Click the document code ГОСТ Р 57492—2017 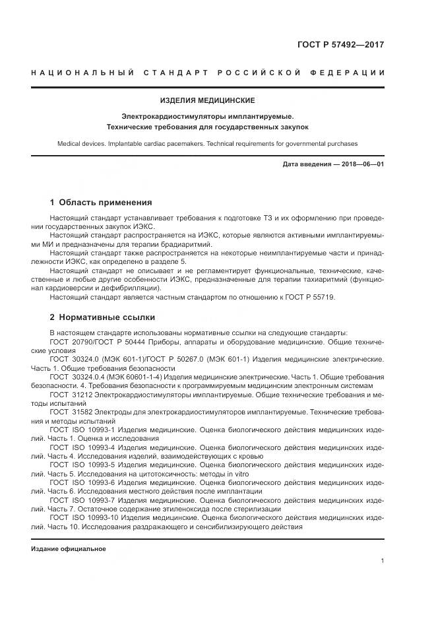coord(342,46)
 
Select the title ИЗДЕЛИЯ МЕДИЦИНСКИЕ coord(207,100)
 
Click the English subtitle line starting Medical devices coord(207,143)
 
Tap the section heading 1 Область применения coord(101,202)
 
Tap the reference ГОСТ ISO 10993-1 coord(83,429)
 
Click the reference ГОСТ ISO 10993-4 coord(83,447)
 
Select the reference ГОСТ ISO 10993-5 coord(83,465)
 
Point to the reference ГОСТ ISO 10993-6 coord(83,482)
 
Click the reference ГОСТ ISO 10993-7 coord(83,500)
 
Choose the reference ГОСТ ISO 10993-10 coord(85,518)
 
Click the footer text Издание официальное coord(69,549)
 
